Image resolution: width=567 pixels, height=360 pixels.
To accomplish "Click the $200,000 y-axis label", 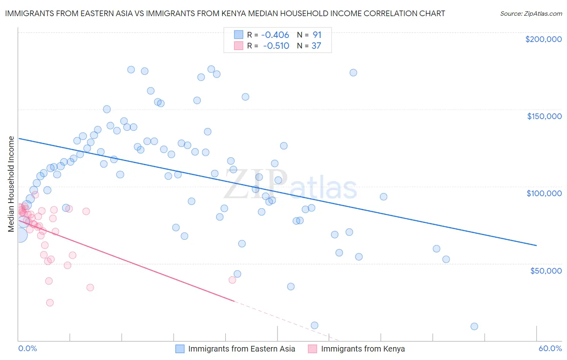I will [543, 39].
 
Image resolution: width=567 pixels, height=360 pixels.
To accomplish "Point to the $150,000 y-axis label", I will [544, 116].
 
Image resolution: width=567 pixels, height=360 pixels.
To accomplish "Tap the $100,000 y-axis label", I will [544, 193].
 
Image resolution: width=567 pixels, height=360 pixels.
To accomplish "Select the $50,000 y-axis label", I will [546, 270].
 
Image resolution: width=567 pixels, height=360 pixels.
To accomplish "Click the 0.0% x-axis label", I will [27, 348].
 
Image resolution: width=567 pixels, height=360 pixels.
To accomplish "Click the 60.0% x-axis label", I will [550, 348].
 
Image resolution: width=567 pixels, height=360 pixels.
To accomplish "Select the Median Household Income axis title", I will [11, 184].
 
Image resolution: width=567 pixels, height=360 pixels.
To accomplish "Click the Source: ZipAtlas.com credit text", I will [531, 13].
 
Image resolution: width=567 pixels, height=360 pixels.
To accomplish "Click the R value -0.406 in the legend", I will [275, 35].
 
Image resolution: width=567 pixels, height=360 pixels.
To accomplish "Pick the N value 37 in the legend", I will [316, 46].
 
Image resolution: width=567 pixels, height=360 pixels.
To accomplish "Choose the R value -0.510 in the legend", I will [276, 46].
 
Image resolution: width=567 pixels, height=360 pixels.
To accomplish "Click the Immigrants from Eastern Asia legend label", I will [242, 349].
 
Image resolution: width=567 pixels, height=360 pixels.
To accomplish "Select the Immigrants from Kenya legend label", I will [363, 349].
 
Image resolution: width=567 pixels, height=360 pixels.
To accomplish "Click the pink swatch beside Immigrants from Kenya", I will [313, 349].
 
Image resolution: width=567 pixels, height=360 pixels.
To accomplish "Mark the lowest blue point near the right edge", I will [474, 327].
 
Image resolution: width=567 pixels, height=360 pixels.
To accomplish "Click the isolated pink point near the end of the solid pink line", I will [232, 280].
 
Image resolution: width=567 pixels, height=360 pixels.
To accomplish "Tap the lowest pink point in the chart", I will [50, 303].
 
